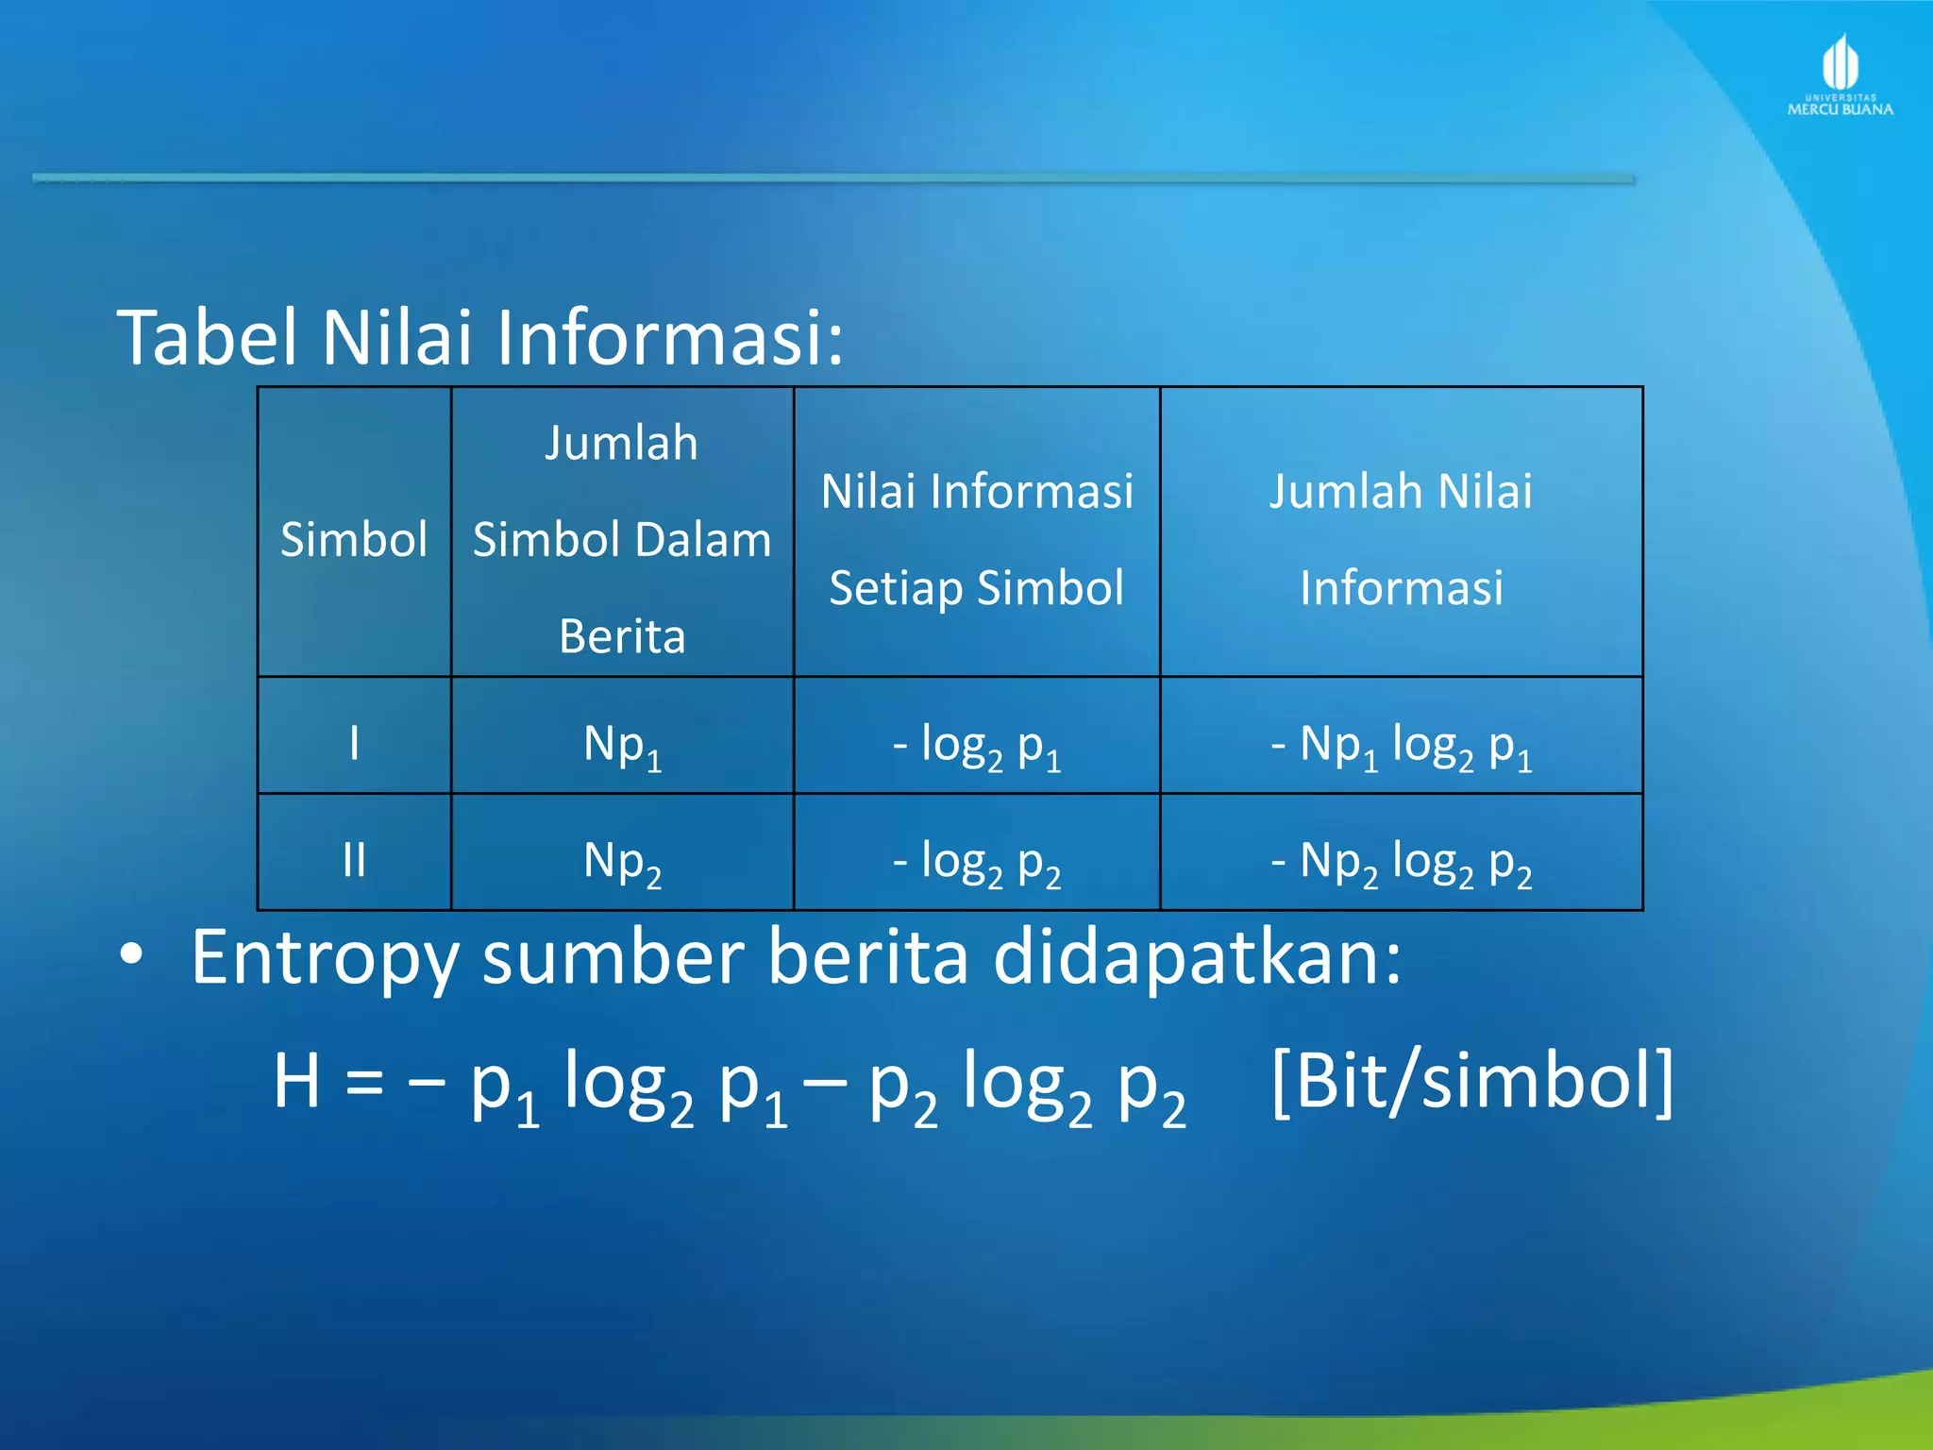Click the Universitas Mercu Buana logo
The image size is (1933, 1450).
click(1840, 76)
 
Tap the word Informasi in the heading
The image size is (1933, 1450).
click(668, 337)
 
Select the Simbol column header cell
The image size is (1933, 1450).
click(354, 539)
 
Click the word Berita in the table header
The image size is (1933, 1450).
click(622, 636)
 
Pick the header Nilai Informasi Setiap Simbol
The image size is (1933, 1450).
click(977, 539)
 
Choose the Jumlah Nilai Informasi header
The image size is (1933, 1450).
click(1401, 539)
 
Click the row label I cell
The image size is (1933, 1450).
click(354, 743)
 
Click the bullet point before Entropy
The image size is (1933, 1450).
click(131, 955)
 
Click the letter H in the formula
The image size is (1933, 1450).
click(296, 1081)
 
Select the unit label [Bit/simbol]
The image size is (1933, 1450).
click(1472, 1081)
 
